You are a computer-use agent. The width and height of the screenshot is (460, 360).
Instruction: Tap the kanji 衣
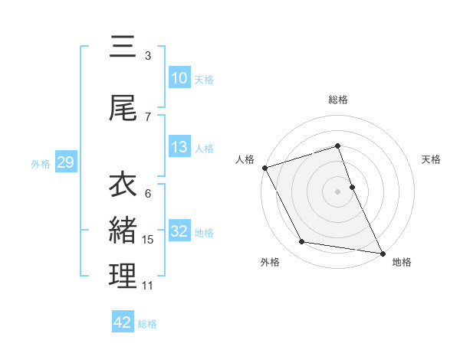coord(123,185)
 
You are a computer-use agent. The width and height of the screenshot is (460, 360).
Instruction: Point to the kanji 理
coord(123,277)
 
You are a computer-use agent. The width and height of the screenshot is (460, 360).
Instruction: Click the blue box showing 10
coord(179,78)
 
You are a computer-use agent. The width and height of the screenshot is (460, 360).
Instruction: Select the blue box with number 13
coord(179,147)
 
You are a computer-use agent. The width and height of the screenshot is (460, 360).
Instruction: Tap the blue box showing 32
coord(179,231)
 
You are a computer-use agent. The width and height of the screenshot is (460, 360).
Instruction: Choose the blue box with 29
coord(65,162)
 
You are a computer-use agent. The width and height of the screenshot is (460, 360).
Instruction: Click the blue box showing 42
coord(123,322)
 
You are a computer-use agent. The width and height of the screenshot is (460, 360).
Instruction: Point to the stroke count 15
coord(148,240)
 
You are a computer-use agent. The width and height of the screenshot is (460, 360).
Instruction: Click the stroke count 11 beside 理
coord(147,286)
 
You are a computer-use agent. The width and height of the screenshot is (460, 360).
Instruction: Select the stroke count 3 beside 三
coord(148,56)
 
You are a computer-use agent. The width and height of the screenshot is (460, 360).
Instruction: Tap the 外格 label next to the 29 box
coord(41,163)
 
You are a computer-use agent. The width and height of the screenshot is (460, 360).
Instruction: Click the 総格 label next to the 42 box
coord(147,323)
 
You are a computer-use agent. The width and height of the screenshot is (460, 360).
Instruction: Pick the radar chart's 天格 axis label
coord(432,159)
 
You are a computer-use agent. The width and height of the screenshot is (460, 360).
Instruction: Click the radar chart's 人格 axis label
coord(245,159)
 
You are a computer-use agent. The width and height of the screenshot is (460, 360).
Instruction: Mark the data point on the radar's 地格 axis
coord(382,252)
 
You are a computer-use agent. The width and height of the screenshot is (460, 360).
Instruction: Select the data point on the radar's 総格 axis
coord(337,146)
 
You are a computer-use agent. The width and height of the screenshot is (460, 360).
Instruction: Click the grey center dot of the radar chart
coord(337,191)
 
